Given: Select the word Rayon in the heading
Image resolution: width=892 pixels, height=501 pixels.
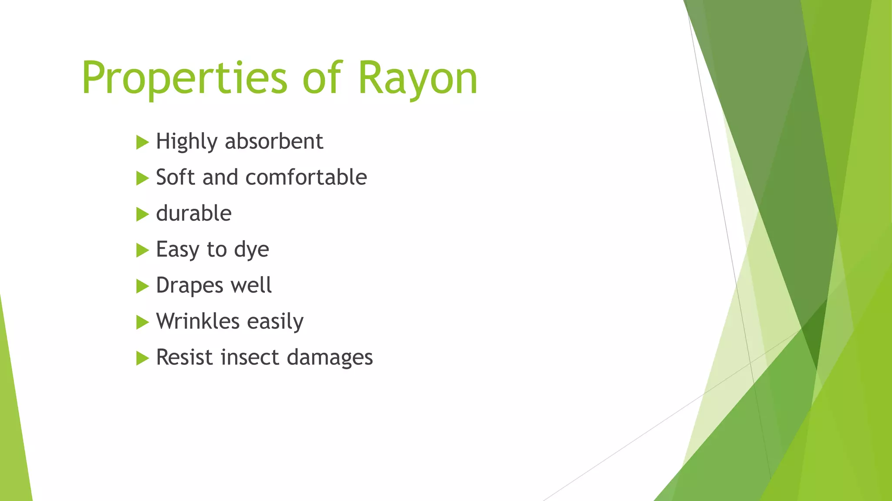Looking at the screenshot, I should click(418, 78).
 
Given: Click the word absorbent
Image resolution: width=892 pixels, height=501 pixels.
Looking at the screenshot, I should click(274, 141).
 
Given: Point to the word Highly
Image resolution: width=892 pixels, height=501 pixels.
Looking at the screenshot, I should click(186, 142).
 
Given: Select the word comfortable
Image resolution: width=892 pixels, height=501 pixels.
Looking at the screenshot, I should click(306, 177).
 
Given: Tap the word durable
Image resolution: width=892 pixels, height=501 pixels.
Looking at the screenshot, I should click(194, 214).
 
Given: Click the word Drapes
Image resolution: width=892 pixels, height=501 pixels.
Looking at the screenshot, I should click(189, 286).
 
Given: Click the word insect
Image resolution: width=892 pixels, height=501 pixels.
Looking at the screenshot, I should click(250, 357).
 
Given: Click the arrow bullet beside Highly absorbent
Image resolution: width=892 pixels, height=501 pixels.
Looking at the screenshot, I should click(142, 142).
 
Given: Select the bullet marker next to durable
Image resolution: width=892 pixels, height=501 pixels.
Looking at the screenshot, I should click(142, 214).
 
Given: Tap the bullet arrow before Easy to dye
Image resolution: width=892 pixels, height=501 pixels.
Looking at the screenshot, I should click(142, 250).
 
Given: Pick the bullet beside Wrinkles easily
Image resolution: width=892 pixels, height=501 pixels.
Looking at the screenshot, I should click(142, 322).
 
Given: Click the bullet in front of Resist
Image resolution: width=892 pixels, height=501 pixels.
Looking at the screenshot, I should click(142, 358).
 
